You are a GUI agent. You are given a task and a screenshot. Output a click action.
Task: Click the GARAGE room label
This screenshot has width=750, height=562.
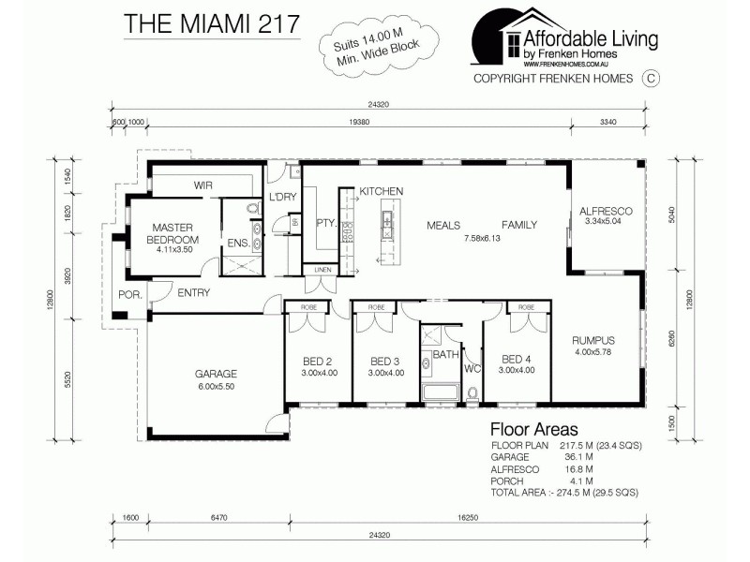216,372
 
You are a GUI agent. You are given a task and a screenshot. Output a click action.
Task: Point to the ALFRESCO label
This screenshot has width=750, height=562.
607,212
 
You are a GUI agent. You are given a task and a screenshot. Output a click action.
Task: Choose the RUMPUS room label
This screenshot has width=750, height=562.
593,340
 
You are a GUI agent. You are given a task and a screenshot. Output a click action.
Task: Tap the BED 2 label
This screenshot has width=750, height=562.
318,361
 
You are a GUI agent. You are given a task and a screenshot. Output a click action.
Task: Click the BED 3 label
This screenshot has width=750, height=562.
385,361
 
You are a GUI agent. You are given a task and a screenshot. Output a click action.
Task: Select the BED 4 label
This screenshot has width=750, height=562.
517,359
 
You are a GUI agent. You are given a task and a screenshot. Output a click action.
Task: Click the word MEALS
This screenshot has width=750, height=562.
443,225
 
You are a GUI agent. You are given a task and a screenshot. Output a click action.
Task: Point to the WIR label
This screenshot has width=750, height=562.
203,185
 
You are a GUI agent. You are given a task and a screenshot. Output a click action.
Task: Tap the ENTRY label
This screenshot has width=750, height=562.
192,292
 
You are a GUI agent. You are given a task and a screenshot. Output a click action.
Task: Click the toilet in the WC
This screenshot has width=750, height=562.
472,392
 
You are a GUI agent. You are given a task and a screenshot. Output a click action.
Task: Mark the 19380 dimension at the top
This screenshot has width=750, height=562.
357,122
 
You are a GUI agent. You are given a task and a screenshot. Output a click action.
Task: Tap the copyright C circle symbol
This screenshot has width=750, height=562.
649,79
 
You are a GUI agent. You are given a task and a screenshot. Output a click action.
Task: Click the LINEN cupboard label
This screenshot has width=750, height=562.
321,270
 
